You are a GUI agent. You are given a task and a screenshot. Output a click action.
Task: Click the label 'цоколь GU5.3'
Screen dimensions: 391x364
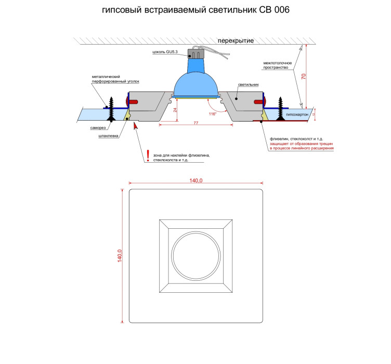tap(165, 52)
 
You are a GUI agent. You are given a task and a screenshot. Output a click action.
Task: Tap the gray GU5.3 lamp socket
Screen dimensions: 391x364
tap(196, 54)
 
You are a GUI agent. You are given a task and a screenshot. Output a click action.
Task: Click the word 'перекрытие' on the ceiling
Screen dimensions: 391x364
tap(236, 41)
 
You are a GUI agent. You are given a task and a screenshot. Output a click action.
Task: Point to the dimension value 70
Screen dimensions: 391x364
tap(304, 76)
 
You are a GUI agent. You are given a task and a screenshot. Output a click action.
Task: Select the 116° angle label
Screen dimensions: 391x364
tap(213, 114)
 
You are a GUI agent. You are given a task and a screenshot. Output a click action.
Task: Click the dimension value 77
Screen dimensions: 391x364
tap(196, 123)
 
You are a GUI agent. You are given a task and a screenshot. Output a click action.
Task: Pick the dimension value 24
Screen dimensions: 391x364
tap(175, 110)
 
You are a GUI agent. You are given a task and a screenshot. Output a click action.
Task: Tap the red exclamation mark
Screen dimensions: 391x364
tap(148, 155)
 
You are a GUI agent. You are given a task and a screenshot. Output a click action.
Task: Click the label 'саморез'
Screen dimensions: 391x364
tap(98, 128)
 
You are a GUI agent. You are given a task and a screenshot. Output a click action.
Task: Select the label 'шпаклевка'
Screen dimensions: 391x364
tap(108, 136)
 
